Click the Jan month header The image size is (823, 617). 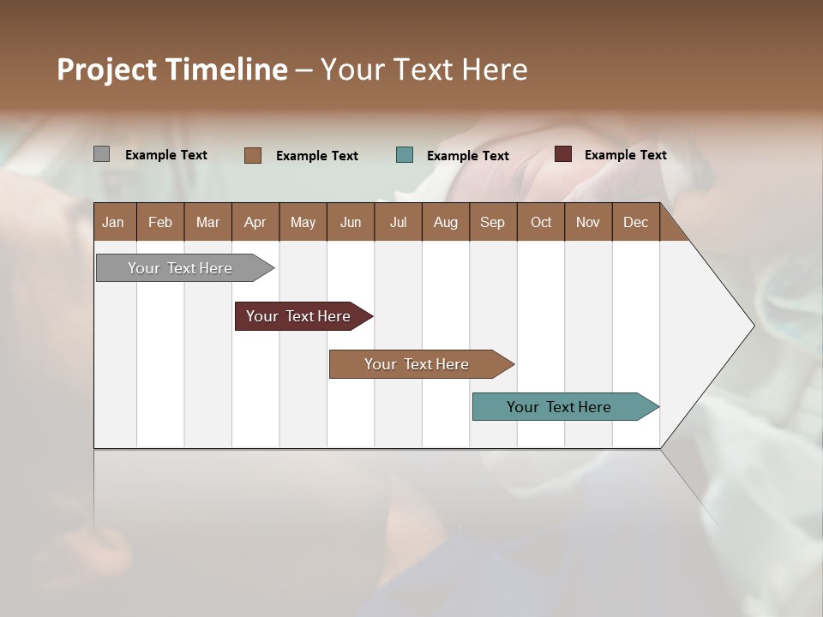coord(113,222)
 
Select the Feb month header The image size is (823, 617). coord(160,222)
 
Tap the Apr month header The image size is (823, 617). coord(255,222)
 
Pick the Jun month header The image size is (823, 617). coord(351,222)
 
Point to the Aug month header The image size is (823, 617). coord(445,222)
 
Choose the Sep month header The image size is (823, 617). coord(492,222)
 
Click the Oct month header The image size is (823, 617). coord(541,222)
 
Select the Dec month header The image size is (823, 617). coord(635,222)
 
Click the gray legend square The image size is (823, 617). coord(101,154)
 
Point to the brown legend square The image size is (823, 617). coord(253,155)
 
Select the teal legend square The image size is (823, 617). coord(405,155)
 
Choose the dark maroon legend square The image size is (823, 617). coord(562,154)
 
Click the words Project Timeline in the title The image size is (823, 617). coord(172,69)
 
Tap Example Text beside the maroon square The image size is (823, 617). coord(625,154)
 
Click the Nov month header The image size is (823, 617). coord(587,222)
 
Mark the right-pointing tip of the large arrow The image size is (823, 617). coord(752,326)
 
